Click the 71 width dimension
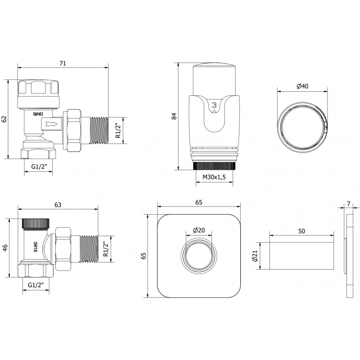pos(63,63)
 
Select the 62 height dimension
pos(4,119)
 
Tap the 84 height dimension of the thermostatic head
pos(174,116)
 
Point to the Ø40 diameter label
pos(302,86)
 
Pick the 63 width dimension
pos(58,205)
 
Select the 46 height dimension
pos(5,248)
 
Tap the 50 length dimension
pos(301,231)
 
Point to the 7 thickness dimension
pos(349,204)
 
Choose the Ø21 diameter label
pos(254,256)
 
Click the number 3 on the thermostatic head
pos(214,106)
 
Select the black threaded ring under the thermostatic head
pos(215,166)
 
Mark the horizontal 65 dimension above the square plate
pos(198,203)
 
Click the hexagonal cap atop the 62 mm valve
pos(39,87)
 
